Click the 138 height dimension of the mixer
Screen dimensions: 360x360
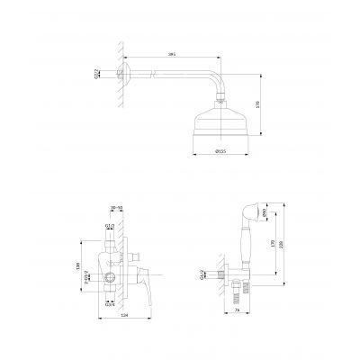coord(78,266)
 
